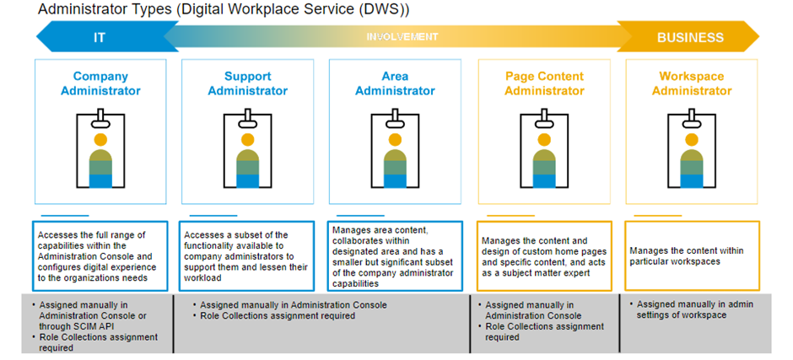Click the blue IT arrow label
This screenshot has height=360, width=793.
pos(99,37)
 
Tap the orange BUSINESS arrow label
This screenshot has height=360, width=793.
pos(690,37)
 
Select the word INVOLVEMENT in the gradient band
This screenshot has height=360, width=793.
pos(402,37)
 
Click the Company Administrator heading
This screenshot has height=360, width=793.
pos(100,83)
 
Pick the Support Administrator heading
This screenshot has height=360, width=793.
pos(247,83)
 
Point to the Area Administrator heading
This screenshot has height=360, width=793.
pos(395,83)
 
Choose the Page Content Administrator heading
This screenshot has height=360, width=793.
pos(544,83)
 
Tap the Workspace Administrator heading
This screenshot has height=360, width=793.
pos(691,83)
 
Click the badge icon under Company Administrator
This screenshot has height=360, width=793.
pos(100,150)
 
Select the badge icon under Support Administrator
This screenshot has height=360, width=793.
pos(247,150)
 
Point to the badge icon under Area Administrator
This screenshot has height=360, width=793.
pos(395,150)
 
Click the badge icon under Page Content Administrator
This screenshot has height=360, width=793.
pos(544,150)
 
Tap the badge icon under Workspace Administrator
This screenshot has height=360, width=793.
pos(691,150)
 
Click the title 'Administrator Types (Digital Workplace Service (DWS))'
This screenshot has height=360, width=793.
pos(224,10)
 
